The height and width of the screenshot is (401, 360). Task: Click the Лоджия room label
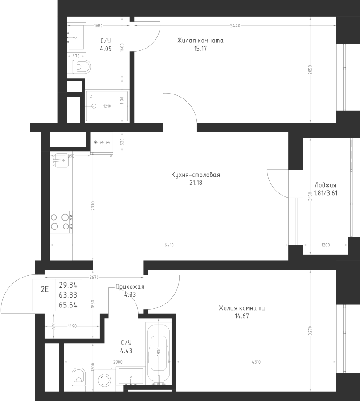pyautogui.click(x=325, y=185)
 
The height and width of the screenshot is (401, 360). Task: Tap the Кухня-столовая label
pyautogui.click(x=196, y=175)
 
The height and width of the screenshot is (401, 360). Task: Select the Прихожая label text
pyautogui.click(x=130, y=286)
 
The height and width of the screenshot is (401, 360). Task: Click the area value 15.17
pyautogui.click(x=200, y=48)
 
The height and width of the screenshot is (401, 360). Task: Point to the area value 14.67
pyautogui.click(x=242, y=316)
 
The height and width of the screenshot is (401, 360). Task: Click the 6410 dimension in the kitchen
pyautogui.click(x=169, y=245)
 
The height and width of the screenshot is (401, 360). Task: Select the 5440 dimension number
pyautogui.click(x=235, y=25)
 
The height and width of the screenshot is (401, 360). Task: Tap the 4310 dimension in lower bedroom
pyautogui.click(x=256, y=362)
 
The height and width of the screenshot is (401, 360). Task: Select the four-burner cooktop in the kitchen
pyautogui.click(x=61, y=222)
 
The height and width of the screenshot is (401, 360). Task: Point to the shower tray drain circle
pyautogui.click(x=94, y=106)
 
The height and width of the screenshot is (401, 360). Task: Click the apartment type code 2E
pyautogui.click(x=45, y=289)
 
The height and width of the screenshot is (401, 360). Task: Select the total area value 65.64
pyautogui.click(x=68, y=305)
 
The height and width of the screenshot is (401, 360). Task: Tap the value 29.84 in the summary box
pyautogui.click(x=68, y=285)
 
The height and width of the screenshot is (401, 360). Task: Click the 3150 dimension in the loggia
pyautogui.click(x=310, y=196)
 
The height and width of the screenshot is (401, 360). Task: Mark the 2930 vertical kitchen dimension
pyautogui.click(x=93, y=206)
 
